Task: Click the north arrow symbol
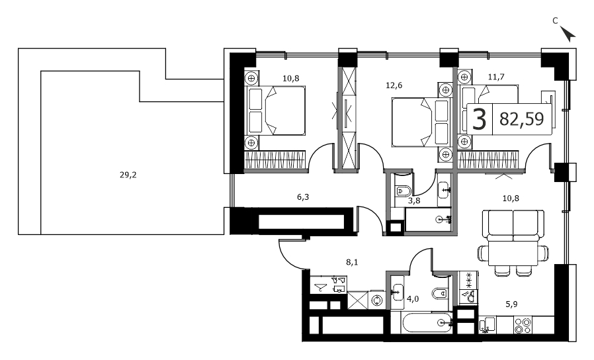pos(568,34)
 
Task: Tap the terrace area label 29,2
pos(128,175)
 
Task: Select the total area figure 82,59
pos(522,119)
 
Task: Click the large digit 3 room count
pos(480,119)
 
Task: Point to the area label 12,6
pos(394,85)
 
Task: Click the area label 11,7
pos(496,77)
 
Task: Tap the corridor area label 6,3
pos(303,197)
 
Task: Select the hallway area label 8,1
pos(352,262)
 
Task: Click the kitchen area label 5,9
pos(511,304)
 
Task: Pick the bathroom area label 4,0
pos(413,299)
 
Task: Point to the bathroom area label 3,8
pos(414,201)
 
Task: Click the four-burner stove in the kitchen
pos(523,326)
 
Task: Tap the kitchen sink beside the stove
pos(487,325)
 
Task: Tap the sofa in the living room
pos(513,226)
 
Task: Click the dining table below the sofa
pos(513,253)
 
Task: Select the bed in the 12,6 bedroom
pos(421,122)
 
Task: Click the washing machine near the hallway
pos(377,300)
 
